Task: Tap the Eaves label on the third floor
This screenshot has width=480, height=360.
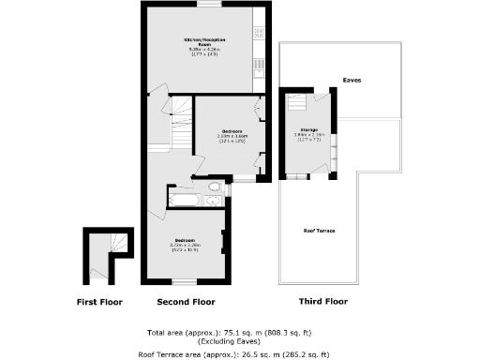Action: pyautogui.click(x=352, y=81)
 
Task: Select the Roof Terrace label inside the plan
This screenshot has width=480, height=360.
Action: pyautogui.click(x=319, y=230)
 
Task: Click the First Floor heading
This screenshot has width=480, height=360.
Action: pyautogui.click(x=99, y=302)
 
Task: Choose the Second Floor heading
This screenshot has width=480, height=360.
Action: pyautogui.click(x=186, y=302)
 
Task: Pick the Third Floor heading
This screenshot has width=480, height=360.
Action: pyautogui.click(x=323, y=302)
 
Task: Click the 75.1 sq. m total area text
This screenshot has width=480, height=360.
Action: pyautogui.click(x=239, y=333)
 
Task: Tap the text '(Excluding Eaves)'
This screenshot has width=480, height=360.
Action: pyautogui.click(x=239, y=341)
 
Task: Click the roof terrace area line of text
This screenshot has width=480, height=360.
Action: pyautogui.click(x=239, y=354)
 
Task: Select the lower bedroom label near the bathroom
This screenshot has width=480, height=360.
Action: pyautogui.click(x=184, y=246)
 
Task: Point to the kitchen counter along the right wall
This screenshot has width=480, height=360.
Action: pyautogui.click(x=260, y=52)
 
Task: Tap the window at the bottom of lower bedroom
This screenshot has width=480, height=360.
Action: pyautogui.click(x=186, y=282)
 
